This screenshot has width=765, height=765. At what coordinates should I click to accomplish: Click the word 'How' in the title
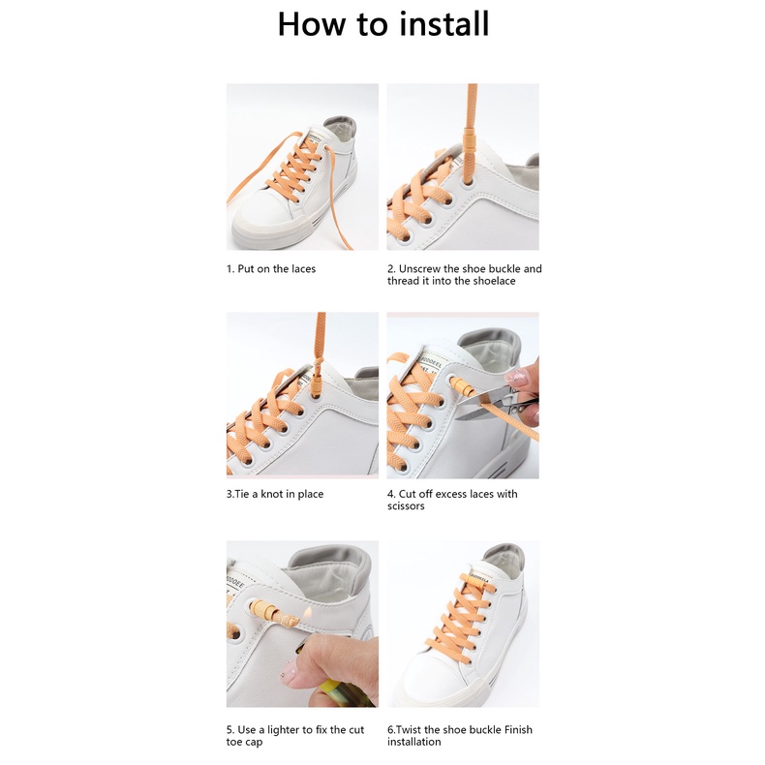tap(311, 24)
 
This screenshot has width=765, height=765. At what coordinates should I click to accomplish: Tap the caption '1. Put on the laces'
tap(271, 269)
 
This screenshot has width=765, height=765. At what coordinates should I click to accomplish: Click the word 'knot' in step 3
tap(272, 494)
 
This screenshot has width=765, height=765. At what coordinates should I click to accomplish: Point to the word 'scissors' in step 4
tap(406, 505)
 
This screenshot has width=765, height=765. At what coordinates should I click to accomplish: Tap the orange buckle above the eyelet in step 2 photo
tap(470, 141)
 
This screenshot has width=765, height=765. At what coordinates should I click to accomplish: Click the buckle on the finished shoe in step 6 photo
tap(476, 582)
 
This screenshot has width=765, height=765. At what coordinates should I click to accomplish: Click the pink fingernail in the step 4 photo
tap(516, 377)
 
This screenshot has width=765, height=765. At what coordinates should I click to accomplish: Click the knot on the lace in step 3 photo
tap(319, 363)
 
